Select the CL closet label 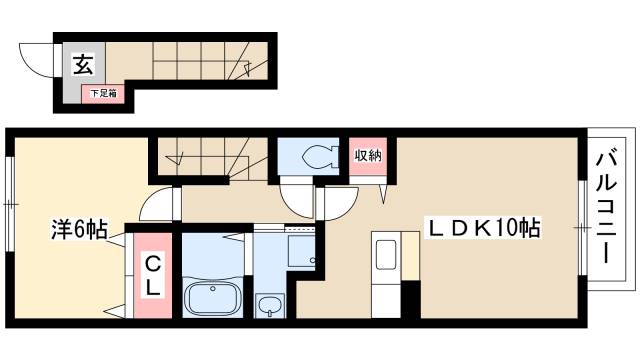(x=153, y=274)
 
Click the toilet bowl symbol (x=314, y=157)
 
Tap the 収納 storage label (x=369, y=156)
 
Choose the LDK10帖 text (x=484, y=228)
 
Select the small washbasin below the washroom (x=268, y=305)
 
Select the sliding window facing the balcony (x=583, y=227)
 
